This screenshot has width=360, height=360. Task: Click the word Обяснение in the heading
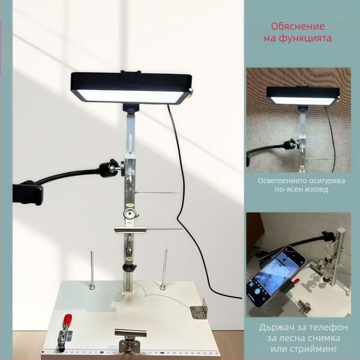point(298,27)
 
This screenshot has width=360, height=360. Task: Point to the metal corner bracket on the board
point(199,309)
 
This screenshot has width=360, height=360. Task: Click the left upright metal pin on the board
point(92,270)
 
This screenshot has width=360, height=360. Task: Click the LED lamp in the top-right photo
point(303,96)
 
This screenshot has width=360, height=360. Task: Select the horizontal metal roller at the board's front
point(130,333)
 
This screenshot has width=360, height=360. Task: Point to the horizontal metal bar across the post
point(130,229)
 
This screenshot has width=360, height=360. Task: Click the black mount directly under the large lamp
point(130,108)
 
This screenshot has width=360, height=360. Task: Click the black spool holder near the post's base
point(129,267)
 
